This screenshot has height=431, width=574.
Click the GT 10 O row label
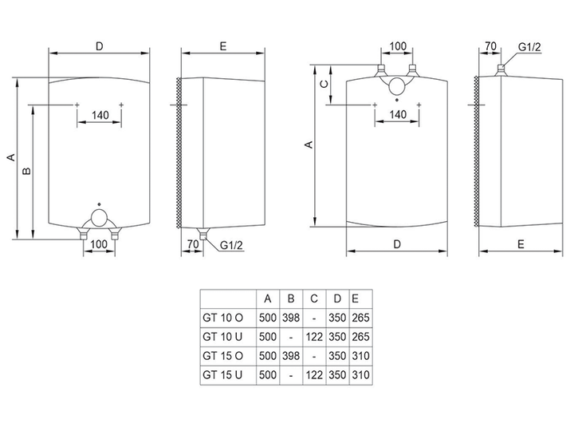(222, 318)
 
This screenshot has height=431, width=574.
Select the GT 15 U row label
(222, 375)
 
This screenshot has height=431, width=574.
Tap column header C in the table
(314, 299)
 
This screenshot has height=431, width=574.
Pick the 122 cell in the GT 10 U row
(314, 337)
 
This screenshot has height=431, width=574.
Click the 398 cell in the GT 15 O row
(291, 355)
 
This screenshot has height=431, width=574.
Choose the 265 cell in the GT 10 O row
(360, 318)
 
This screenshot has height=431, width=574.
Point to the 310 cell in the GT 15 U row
(360, 375)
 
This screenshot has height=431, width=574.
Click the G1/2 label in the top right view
(529, 47)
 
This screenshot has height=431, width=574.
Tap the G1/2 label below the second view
(231, 245)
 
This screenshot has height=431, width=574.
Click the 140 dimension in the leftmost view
(100, 115)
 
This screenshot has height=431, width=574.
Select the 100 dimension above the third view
(398, 46)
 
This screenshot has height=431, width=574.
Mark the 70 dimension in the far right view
(490, 46)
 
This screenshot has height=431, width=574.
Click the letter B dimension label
(27, 171)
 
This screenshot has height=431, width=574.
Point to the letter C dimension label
(324, 85)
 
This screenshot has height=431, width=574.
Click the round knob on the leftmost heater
(99, 218)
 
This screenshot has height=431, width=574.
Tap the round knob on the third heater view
(397, 86)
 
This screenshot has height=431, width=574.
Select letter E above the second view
(223, 46)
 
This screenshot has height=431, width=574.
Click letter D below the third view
(397, 244)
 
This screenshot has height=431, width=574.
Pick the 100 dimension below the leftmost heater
(99, 244)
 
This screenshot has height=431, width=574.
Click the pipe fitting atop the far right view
(501, 70)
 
